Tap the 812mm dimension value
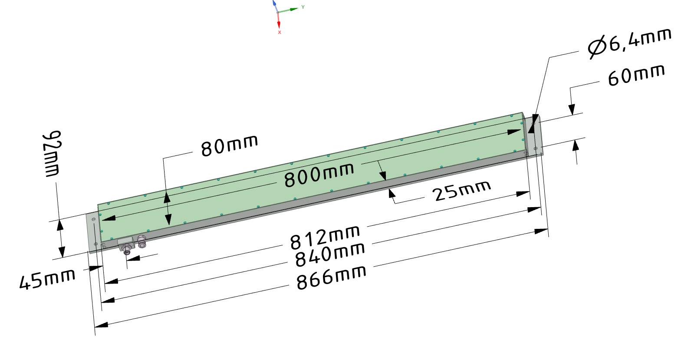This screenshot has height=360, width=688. point(325,237)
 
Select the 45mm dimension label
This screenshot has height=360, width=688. point(47,279)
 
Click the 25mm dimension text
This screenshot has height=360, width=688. point(462,191)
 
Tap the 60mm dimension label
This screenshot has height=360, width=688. point(636,75)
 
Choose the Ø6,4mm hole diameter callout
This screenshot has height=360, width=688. point(629,43)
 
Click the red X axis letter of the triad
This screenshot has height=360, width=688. point(280,33)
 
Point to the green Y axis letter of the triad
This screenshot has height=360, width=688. point(303,7)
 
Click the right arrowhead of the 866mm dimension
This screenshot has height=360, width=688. point(541,231)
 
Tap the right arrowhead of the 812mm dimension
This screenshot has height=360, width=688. point(523,194)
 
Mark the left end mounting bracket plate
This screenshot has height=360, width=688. point(92,232)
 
